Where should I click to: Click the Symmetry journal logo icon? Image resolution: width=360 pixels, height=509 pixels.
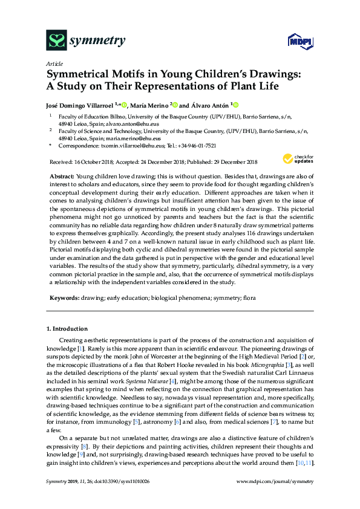(x=56, y=42)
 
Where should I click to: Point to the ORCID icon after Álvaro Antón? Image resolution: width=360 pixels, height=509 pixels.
(x=236, y=104)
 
